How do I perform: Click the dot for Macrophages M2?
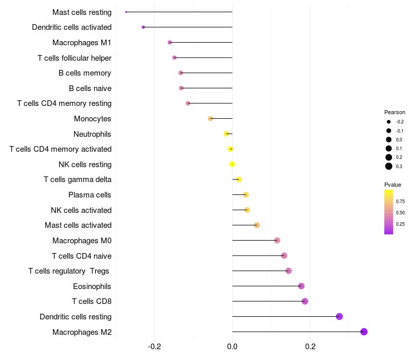(x=364, y=332)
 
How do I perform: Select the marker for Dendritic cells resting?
(x=339, y=316)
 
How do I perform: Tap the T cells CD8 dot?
(x=305, y=301)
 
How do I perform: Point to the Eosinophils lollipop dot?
(x=301, y=286)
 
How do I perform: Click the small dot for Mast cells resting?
(x=126, y=12)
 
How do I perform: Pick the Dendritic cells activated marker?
(x=143, y=27)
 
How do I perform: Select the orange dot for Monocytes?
(x=210, y=118)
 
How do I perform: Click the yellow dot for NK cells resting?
(x=232, y=164)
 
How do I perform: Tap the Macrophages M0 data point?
(x=277, y=240)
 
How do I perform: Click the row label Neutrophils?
(x=92, y=134)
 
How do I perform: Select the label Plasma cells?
(x=90, y=195)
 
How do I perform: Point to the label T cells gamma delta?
(x=78, y=179)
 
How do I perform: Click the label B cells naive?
(x=90, y=88)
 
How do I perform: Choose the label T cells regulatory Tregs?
(x=70, y=271)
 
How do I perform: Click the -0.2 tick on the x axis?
(x=155, y=347)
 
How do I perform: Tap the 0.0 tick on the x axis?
(x=232, y=347)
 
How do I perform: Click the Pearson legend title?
(x=395, y=112)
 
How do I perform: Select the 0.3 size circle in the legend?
(x=389, y=166)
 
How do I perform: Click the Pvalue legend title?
(x=393, y=185)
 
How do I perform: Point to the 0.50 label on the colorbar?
(x=400, y=212)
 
